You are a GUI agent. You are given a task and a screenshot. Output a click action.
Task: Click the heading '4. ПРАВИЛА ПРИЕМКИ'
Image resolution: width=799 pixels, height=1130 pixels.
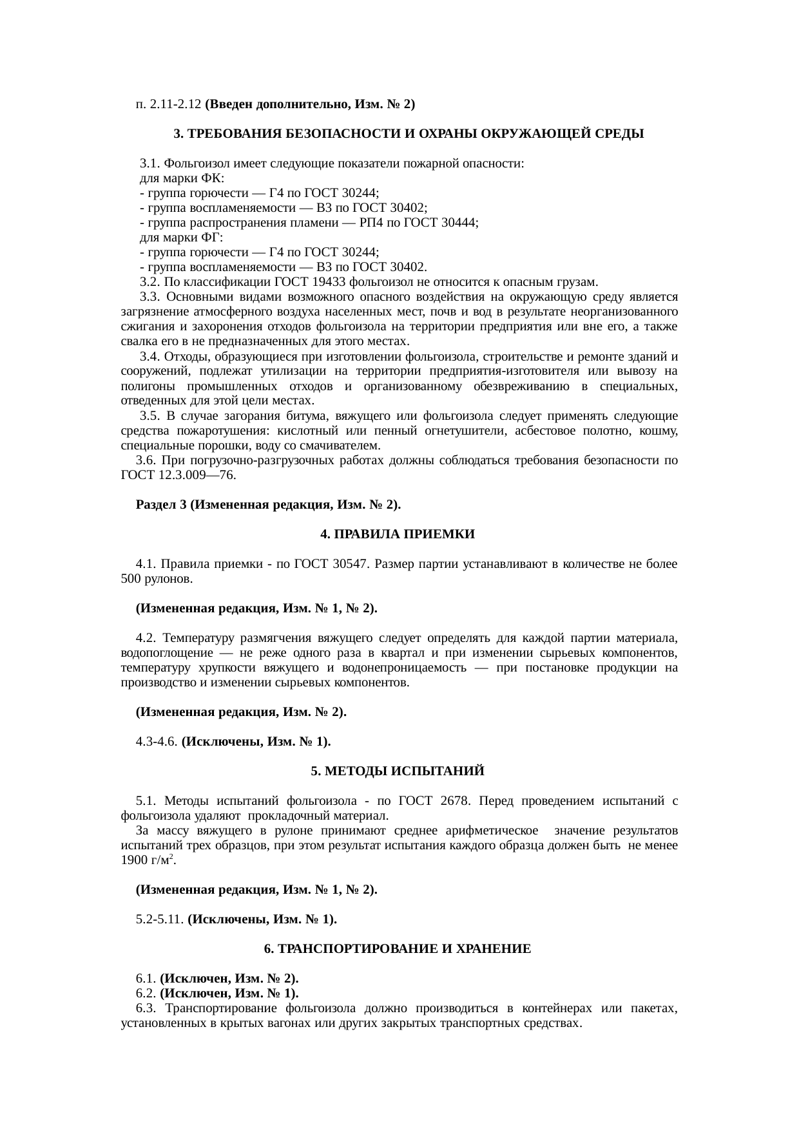398,534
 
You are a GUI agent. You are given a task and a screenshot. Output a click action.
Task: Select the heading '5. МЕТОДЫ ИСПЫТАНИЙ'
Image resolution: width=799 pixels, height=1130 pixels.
398,771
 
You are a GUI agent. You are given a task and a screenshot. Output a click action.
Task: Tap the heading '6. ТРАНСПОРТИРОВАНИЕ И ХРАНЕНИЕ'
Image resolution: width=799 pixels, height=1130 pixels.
398,949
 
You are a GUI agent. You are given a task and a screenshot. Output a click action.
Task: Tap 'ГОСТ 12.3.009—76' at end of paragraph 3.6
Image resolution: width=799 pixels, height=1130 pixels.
178,475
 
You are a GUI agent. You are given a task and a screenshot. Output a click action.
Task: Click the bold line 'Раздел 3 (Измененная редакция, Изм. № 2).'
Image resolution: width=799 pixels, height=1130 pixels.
268,505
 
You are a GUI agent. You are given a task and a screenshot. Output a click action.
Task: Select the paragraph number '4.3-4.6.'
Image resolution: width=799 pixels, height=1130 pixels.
157,742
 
